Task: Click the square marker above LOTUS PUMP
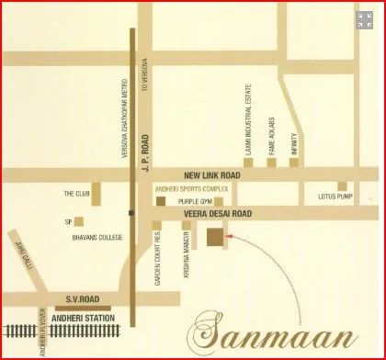pyautogui.click(x=342, y=185)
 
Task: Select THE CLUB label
pyautogui.click(x=75, y=194)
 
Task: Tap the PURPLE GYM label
pyautogui.click(x=195, y=200)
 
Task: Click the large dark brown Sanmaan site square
pyautogui.click(x=214, y=237)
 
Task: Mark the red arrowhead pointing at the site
pyautogui.click(x=231, y=237)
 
